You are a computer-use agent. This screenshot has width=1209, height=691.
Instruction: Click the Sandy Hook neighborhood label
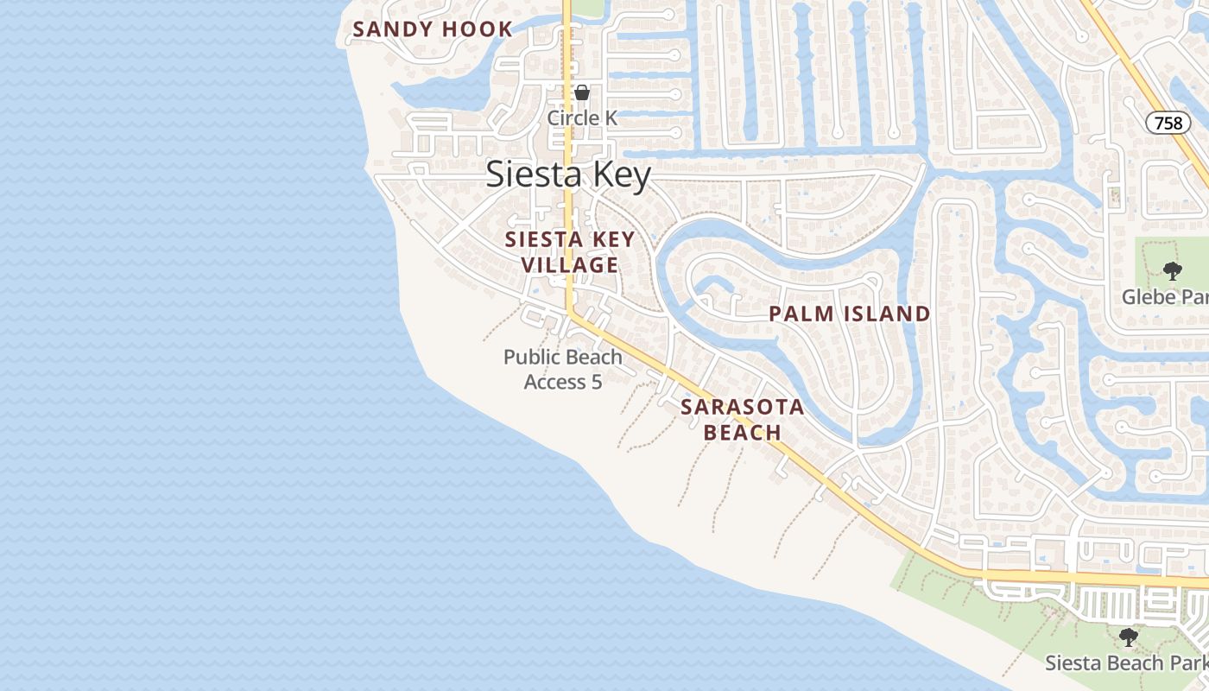pos(433,29)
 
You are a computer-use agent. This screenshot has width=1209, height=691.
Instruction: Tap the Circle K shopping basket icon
pos(583,92)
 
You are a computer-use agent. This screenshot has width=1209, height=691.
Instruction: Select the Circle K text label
pos(583,117)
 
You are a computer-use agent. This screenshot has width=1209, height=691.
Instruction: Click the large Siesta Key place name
pos(568,174)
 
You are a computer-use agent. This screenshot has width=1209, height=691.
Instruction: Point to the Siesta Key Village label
pos(570,251)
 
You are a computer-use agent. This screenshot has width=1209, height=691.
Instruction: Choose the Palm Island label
pos(850,314)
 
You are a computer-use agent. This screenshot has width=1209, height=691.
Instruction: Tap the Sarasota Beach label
pos(743,419)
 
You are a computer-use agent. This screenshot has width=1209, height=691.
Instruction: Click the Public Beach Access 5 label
pos(563,369)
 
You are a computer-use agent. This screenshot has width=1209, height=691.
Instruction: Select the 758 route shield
pos(1168,123)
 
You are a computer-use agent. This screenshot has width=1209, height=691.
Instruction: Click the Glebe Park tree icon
pos(1172,271)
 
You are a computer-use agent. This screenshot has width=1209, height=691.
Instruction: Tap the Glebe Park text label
pos(1165,297)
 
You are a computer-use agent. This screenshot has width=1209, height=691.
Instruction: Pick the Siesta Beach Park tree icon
pos(1128,637)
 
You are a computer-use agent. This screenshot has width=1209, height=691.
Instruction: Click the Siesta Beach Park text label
pos(1126,663)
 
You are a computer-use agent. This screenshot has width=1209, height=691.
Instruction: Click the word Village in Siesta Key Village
pos(570,264)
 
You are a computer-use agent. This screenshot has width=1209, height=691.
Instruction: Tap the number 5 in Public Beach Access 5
pos(596,381)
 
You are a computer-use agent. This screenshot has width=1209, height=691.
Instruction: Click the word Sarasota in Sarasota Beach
pos(743,407)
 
